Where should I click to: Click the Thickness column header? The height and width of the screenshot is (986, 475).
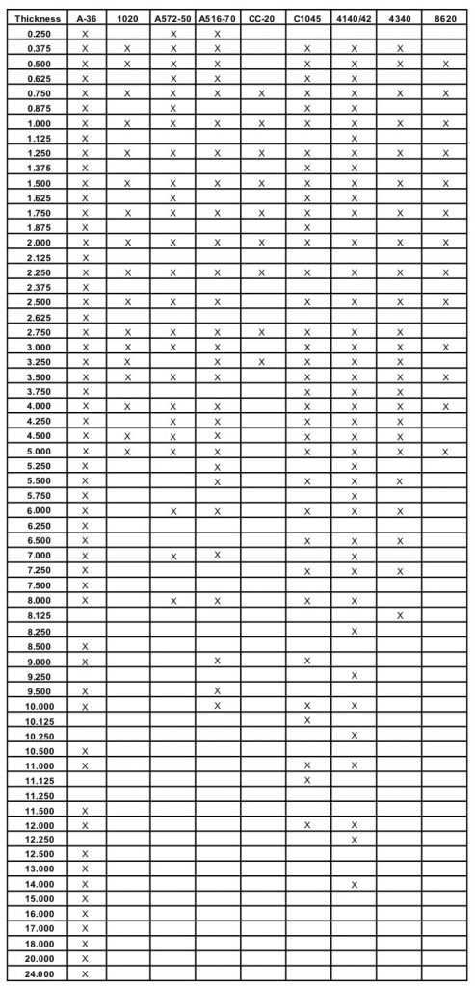(x=38, y=18)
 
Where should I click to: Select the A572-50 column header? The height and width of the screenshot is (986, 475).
(x=173, y=18)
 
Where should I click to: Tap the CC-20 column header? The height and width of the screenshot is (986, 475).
(x=262, y=18)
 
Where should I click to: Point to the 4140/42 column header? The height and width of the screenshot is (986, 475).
(x=354, y=18)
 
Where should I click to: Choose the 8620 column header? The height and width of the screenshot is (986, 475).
(x=444, y=18)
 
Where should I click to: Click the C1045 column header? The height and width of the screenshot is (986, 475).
(x=307, y=18)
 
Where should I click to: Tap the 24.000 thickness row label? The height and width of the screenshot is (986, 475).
(x=38, y=973)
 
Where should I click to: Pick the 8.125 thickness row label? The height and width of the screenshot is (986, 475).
(x=38, y=614)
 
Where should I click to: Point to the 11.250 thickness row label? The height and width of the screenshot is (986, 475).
(x=38, y=795)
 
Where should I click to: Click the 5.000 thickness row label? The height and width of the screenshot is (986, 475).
(x=38, y=451)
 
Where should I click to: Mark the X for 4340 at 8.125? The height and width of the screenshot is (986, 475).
(x=399, y=614)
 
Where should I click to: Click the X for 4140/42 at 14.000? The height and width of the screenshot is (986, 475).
(x=354, y=884)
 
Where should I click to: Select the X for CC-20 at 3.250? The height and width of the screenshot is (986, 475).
(x=262, y=361)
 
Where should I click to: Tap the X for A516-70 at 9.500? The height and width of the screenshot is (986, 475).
(x=217, y=690)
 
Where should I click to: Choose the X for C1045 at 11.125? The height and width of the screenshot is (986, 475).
(x=307, y=779)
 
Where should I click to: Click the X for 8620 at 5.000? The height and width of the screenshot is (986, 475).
(x=444, y=451)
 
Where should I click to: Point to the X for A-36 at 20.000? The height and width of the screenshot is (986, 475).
(x=86, y=958)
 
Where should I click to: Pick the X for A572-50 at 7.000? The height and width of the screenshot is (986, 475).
(x=173, y=556)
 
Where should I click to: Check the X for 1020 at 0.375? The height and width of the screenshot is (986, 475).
(x=128, y=48)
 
